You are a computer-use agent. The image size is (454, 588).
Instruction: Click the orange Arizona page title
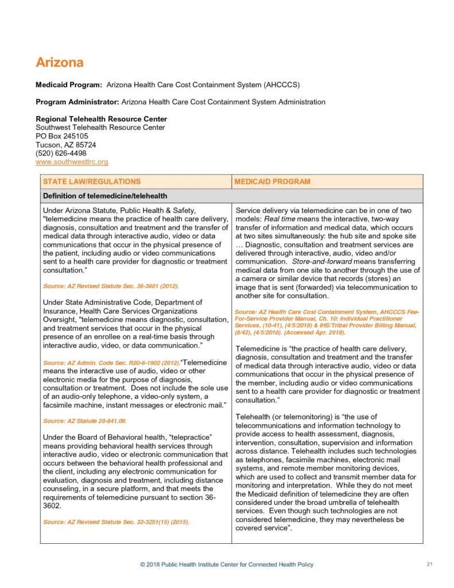click(59, 62)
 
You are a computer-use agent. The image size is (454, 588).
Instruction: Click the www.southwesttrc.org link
click(72, 162)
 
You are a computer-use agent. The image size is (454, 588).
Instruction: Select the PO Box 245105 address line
click(62, 136)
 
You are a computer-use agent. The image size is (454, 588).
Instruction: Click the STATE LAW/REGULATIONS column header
click(92, 181)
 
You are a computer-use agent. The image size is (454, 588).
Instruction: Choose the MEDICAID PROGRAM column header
click(273, 181)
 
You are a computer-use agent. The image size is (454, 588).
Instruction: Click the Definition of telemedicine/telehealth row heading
click(105, 196)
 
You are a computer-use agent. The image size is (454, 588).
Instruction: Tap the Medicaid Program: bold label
click(69, 85)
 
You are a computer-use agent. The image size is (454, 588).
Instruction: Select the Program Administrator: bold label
click(77, 102)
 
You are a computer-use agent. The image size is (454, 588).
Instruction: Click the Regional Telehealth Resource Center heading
click(102, 119)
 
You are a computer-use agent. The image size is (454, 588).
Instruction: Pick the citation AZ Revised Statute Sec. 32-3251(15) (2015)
click(116, 521)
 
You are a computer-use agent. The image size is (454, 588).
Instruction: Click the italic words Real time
click(280, 219)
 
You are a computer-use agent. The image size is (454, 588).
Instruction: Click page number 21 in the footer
click(429, 564)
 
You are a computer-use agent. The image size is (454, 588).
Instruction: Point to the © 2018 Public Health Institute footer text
click(227, 564)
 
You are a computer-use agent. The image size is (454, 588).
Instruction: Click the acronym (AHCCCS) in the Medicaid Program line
click(282, 85)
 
